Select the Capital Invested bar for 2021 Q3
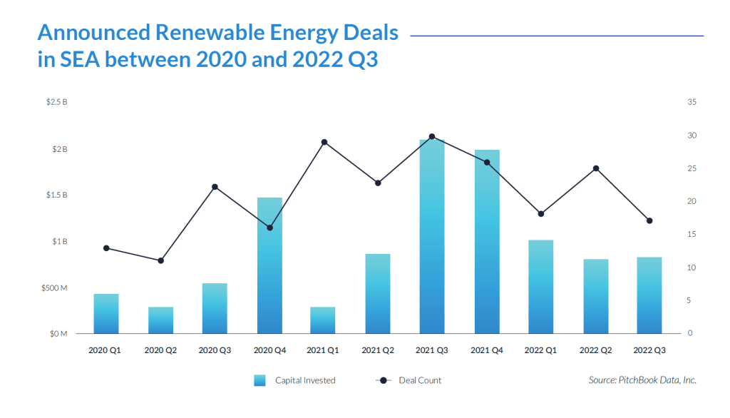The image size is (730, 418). (x=432, y=235)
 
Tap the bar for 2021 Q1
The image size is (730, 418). (x=323, y=320)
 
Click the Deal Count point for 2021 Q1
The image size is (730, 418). (x=324, y=142)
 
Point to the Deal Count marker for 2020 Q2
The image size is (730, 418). (x=161, y=260)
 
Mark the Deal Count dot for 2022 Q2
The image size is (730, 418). (x=596, y=168)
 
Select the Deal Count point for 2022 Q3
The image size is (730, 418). (x=649, y=220)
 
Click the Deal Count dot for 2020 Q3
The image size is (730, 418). (x=215, y=187)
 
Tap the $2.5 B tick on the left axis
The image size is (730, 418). (x=57, y=103)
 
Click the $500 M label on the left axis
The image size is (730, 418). (x=55, y=287)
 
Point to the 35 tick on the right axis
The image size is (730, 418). (x=692, y=103)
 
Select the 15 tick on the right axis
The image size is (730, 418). (x=692, y=235)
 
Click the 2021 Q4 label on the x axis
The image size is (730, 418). (x=487, y=350)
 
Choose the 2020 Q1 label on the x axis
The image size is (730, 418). (x=106, y=350)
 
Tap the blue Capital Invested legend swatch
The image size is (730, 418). (x=259, y=380)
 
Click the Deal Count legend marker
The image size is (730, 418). (x=384, y=380)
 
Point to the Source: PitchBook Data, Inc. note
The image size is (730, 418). (x=642, y=380)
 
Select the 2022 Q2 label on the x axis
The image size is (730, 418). (x=595, y=350)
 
